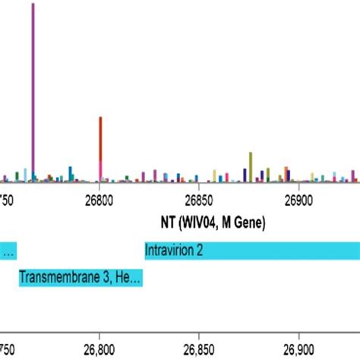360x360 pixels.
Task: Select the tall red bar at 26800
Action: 100,141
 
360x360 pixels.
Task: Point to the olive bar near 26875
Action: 250,164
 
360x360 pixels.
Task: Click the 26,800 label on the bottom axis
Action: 100,350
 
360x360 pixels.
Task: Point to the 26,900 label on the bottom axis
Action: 298,350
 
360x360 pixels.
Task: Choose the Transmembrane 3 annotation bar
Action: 81,278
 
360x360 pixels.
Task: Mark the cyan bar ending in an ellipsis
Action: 8,250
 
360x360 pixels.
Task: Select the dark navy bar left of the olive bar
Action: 244,174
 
